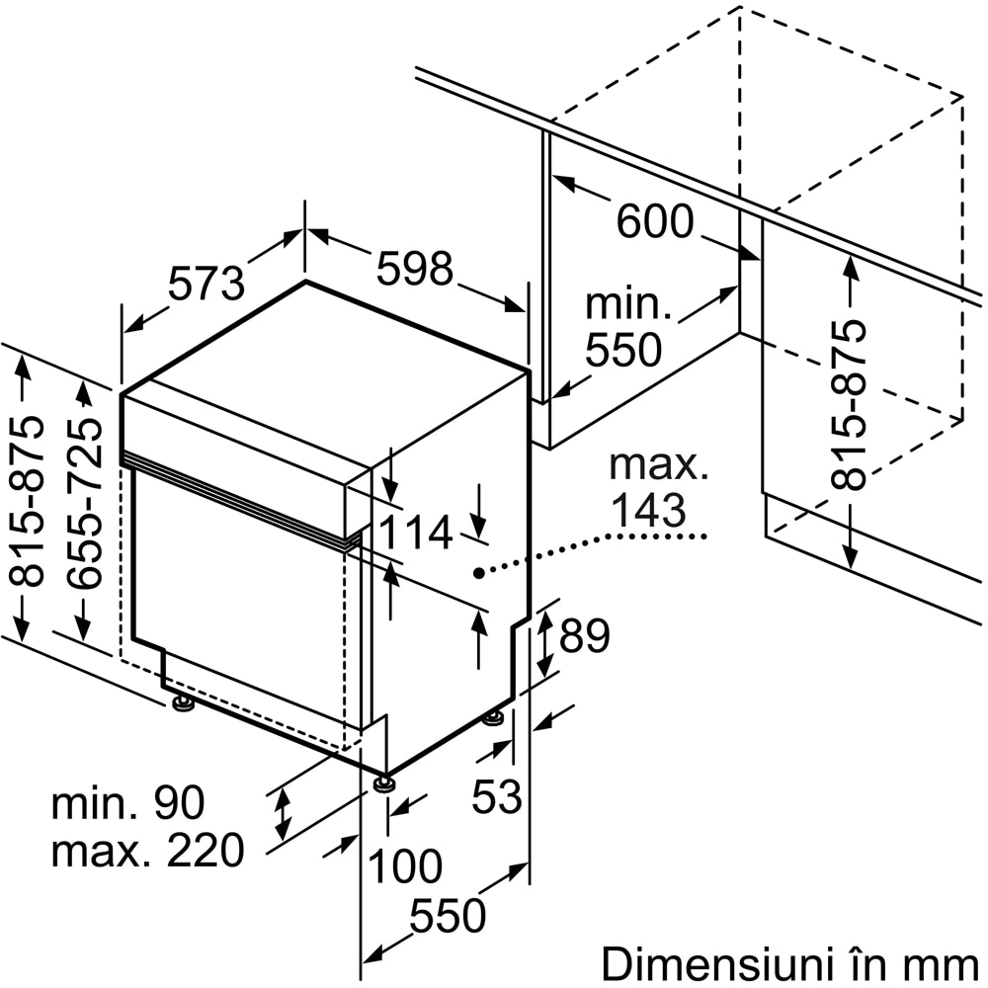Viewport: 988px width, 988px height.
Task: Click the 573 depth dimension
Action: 206,284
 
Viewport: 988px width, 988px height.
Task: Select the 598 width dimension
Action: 414,268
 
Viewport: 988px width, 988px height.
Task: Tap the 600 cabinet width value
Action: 655,222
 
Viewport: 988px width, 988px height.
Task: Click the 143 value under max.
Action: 648,510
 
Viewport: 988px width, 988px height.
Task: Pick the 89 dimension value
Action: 584,637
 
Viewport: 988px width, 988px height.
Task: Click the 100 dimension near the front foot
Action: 405,867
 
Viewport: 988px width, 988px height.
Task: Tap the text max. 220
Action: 147,850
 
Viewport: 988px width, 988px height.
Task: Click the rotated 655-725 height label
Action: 90,503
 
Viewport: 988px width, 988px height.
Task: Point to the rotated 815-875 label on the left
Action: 33,503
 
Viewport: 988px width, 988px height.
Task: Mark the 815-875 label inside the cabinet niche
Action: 849,404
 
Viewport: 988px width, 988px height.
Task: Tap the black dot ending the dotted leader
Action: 477,572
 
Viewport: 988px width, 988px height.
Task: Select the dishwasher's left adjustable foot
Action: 183,703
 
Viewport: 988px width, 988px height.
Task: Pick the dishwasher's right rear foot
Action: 494,718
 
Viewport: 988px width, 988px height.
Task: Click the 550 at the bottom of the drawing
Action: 448,917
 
